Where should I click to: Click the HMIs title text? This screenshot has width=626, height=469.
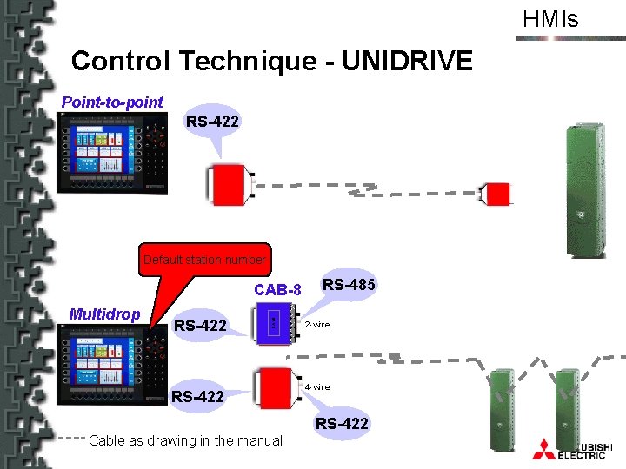pos(549,18)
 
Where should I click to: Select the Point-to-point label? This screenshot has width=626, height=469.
pos(112,102)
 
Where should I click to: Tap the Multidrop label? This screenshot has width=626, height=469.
pos(104,314)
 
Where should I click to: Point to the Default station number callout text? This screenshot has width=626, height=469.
pos(204,260)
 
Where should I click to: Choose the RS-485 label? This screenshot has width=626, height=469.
pos(349,284)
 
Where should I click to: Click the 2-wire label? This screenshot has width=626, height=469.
pos(316,324)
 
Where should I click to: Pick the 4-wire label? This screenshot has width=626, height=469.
pos(316,386)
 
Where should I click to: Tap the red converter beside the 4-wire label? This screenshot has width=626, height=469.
pos(276,387)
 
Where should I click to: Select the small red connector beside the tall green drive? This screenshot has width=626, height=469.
pos(496,194)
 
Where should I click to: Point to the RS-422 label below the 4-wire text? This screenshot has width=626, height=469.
pos(342,424)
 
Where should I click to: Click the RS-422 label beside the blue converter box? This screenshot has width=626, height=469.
pos(201,326)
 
